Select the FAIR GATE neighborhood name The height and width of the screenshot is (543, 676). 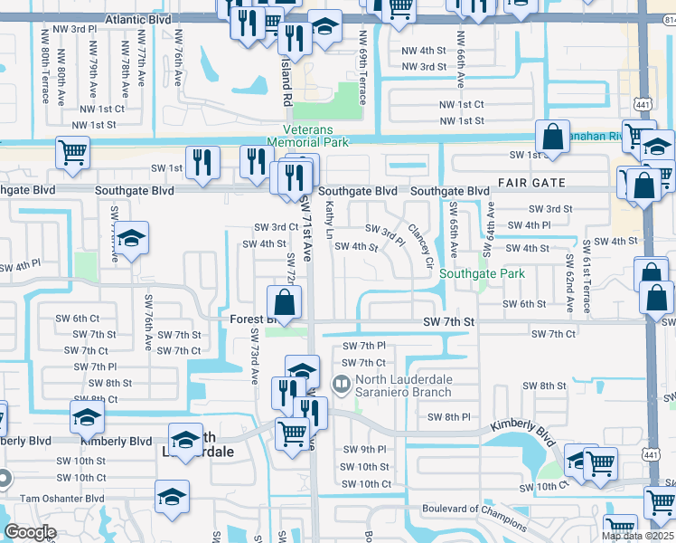tap(532, 183)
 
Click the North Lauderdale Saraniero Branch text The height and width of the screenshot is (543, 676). tap(408, 386)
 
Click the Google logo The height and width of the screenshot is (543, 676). tap(30, 532)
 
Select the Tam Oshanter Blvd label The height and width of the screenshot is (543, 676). tap(55, 499)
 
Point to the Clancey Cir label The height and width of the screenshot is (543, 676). tap(420, 241)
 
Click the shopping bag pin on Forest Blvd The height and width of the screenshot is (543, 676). tap(284, 303)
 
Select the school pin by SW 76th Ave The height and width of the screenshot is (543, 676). tap(132, 239)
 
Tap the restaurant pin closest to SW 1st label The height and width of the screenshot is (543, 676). tap(204, 163)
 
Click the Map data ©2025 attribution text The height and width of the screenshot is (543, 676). tap(637, 536)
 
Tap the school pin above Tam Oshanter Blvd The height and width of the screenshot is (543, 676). tap(171, 497)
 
